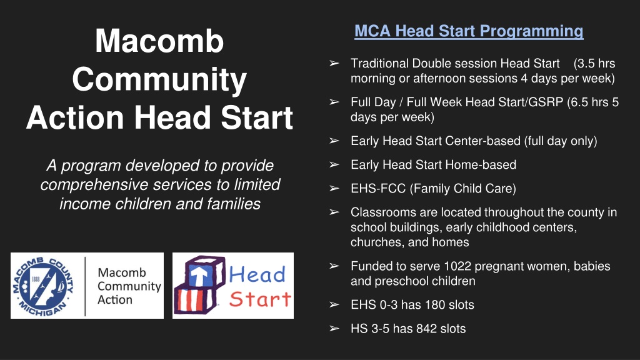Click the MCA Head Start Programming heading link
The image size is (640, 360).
pyautogui.click(x=469, y=31)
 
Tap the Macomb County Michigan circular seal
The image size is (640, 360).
pyautogui.click(x=43, y=286)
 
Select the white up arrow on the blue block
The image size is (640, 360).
pyautogui.click(x=199, y=276)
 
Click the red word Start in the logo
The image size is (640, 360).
pyautogui.click(x=261, y=299)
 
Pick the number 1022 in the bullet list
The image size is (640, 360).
pyautogui.click(x=457, y=266)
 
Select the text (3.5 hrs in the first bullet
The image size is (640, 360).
pyautogui.click(x=594, y=63)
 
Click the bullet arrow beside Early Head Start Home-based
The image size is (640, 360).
pyautogui.click(x=334, y=164)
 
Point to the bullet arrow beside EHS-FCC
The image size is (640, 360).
pyautogui.click(x=334, y=188)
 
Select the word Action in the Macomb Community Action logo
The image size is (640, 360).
pyautogui.click(x=115, y=299)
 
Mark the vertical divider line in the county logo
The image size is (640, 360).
pyautogui.click(x=85, y=286)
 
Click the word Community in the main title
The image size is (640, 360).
pyautogui.click(x=159, y=79)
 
